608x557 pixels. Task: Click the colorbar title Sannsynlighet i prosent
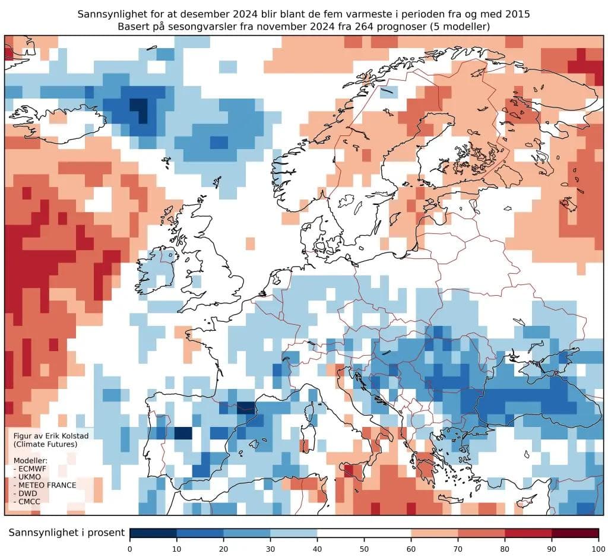point(66,533)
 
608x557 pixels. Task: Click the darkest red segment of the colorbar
point(575,533)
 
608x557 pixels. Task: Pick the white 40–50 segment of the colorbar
point(340,533)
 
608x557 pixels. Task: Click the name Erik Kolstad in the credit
point(57,436)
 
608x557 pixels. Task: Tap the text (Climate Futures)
point(37,444)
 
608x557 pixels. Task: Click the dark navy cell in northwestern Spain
point(183,433)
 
